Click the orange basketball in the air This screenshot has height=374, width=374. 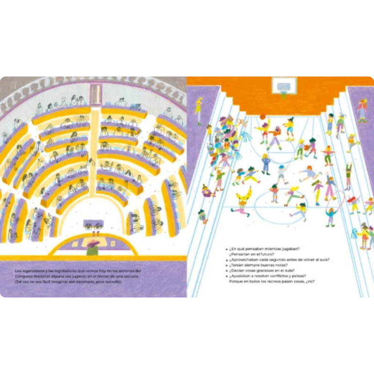coord(263,116)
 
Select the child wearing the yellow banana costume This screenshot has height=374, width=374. coord(243,196)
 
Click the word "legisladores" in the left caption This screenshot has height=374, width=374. coord(35,271)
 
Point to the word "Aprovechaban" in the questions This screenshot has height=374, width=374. coord(244,259)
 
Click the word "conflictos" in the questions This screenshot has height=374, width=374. coord(274,276)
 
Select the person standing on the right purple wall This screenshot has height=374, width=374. coord(362,110)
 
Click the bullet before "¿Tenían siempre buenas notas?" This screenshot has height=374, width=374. coord(226,265)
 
